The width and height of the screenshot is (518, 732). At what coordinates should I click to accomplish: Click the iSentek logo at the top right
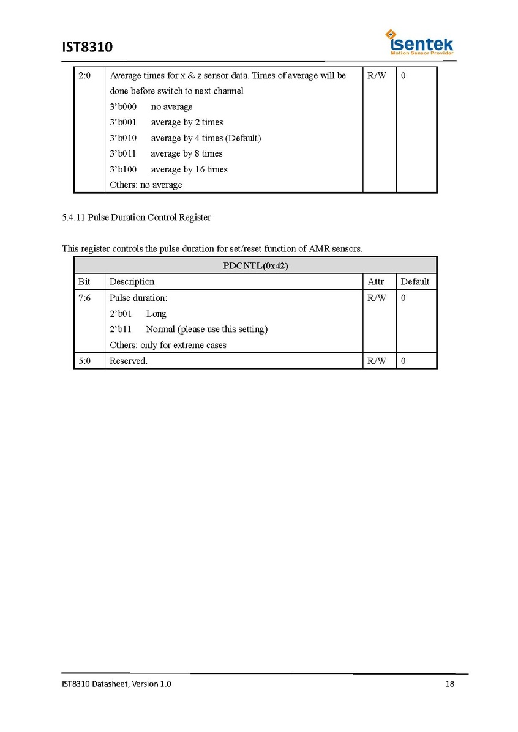coord(419,42)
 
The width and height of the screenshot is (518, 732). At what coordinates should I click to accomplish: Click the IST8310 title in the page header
coord(88,47)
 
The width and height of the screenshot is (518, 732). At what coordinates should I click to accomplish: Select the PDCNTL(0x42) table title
coord(255,265)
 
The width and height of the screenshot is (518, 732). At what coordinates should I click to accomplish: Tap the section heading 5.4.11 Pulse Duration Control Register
coord(137,217)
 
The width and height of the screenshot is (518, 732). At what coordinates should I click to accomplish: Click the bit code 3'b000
coord(123,107)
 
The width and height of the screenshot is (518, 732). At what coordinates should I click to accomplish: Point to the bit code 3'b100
coord(123,169)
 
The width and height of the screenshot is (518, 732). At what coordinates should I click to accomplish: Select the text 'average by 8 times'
coord(187,153)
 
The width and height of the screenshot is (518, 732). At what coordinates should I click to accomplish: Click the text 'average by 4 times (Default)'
coord(206,138)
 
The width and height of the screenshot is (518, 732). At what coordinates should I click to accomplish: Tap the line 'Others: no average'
coord(146,185)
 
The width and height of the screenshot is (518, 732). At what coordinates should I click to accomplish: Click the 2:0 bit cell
coord(84,76)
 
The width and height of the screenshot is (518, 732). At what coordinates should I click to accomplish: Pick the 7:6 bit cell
coord(84,298)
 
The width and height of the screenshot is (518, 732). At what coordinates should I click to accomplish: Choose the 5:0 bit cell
coord(84,361)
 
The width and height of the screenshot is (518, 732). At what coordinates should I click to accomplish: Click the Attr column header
coord(376,282)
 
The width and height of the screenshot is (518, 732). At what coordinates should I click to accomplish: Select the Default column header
coord(415,282)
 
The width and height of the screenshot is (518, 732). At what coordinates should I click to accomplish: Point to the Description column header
coord(132,282)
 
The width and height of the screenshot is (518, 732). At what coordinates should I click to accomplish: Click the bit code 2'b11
coord(121,330)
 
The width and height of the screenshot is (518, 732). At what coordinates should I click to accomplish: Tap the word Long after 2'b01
coord(156,314)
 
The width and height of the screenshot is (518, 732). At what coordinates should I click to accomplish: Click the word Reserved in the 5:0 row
coord(128,361)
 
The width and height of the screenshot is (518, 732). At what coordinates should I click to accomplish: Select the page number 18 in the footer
coord(449,684)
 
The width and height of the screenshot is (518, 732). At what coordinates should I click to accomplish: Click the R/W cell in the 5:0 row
coord(377,361)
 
